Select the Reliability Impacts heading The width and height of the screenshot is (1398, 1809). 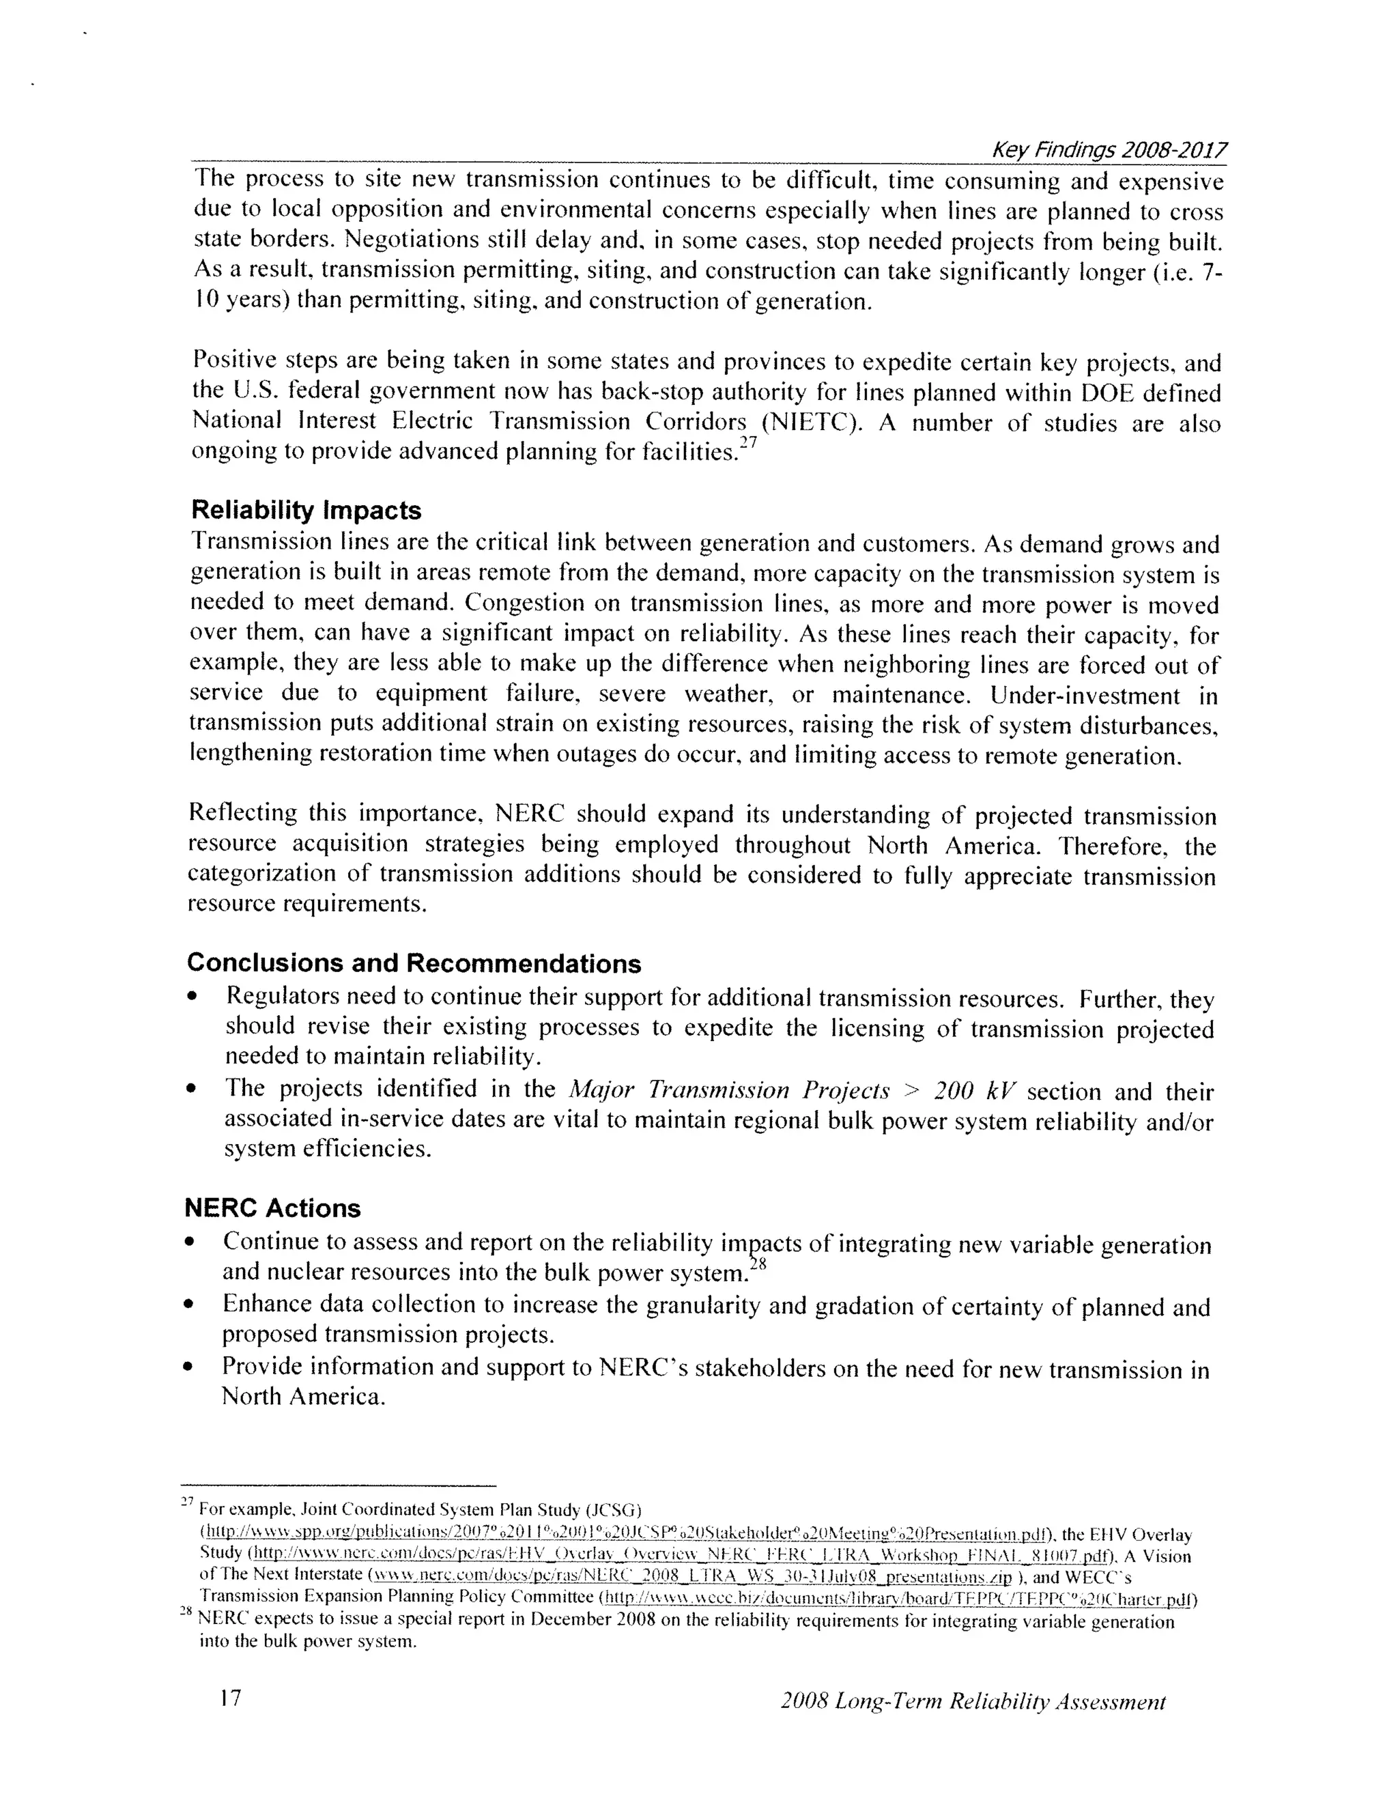pos(306,509)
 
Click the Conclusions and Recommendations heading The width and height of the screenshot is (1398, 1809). pos(413,963)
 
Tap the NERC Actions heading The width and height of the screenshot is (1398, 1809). pos(272,1208)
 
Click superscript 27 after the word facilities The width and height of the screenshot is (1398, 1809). pos(748,443)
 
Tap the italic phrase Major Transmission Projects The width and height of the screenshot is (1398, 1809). pos(729,1090)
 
